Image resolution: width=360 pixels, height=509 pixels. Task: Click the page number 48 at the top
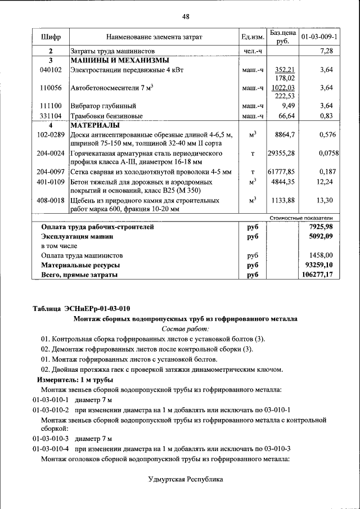click(186, 16)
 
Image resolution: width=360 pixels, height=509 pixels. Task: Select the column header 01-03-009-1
click(319, 37)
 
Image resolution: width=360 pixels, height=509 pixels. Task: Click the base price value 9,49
click(288, 105)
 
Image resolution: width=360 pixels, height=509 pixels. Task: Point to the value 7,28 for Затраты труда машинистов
click(326, 51)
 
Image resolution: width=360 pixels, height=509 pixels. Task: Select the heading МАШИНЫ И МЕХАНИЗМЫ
click(119, 60)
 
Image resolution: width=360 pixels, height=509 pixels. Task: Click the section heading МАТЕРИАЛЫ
click(95, 125)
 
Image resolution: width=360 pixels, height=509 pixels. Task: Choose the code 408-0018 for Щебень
click(50, 200)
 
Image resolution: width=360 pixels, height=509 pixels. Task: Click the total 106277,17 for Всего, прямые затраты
click(317, 274)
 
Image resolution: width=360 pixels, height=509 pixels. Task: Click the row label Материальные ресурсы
click(80, 265)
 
